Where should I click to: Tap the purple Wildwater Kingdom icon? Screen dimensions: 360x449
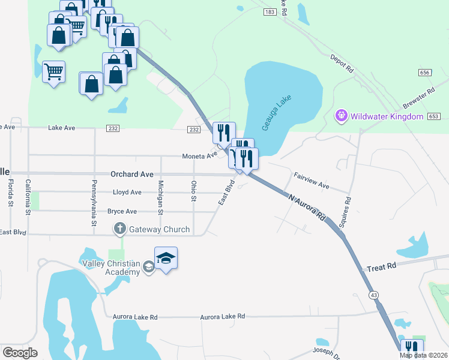pos(342,116)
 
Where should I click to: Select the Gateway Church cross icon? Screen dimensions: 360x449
pos(119,229)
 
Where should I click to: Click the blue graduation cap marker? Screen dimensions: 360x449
pos(166,259)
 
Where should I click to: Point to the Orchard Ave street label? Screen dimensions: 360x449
pos(132,174)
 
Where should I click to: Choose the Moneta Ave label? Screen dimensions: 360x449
pos(200,156)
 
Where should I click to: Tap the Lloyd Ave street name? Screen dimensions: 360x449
pos(127,193)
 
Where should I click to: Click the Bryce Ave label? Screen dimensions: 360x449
pos(122,211)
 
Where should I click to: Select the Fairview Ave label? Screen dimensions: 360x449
pos(312,181)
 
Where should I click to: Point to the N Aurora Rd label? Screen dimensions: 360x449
pos(306,206)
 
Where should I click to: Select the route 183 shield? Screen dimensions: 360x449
pos(270,12)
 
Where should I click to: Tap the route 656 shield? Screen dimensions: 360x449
pos(425,72)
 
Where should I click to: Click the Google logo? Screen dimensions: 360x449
pos(20,353)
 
